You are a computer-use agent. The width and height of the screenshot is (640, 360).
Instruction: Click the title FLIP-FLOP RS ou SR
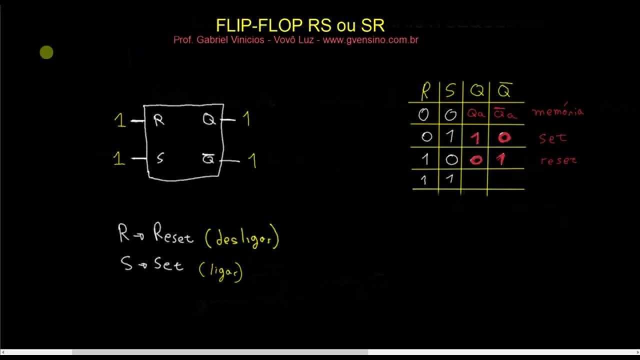300,25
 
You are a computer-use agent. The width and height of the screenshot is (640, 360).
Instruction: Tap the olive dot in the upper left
46,52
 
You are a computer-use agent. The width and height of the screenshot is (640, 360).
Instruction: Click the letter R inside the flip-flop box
159,120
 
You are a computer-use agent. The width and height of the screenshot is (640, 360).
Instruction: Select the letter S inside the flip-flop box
159,158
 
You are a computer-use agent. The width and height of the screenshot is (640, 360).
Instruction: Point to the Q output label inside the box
208,119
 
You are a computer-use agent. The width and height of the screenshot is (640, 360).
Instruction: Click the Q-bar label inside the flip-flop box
208,159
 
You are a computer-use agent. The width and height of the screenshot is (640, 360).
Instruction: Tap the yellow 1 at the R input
119,120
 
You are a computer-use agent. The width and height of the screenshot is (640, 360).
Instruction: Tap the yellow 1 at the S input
118,158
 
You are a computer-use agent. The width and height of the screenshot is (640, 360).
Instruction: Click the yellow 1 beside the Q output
246,119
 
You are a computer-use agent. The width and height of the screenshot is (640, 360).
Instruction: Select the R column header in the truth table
425,91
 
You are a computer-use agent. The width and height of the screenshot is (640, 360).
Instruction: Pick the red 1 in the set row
474,137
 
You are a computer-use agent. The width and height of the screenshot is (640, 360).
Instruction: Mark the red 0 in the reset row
475,160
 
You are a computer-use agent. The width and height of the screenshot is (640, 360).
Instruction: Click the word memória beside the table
558,111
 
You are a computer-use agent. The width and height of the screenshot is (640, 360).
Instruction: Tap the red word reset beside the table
558,160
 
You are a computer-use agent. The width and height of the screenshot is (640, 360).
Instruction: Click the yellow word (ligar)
220,271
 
